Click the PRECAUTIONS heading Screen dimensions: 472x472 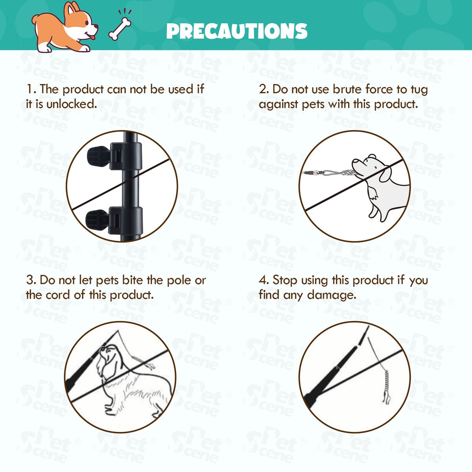click(237, 31)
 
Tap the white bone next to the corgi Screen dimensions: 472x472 click(120, 29)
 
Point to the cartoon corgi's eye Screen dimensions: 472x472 click(87, 23)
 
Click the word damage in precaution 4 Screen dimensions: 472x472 click(331, 295)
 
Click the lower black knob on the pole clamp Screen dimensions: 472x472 click(97, 220)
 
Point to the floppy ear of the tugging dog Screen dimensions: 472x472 click(385, 175)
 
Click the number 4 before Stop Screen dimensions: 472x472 click(262, 280)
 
